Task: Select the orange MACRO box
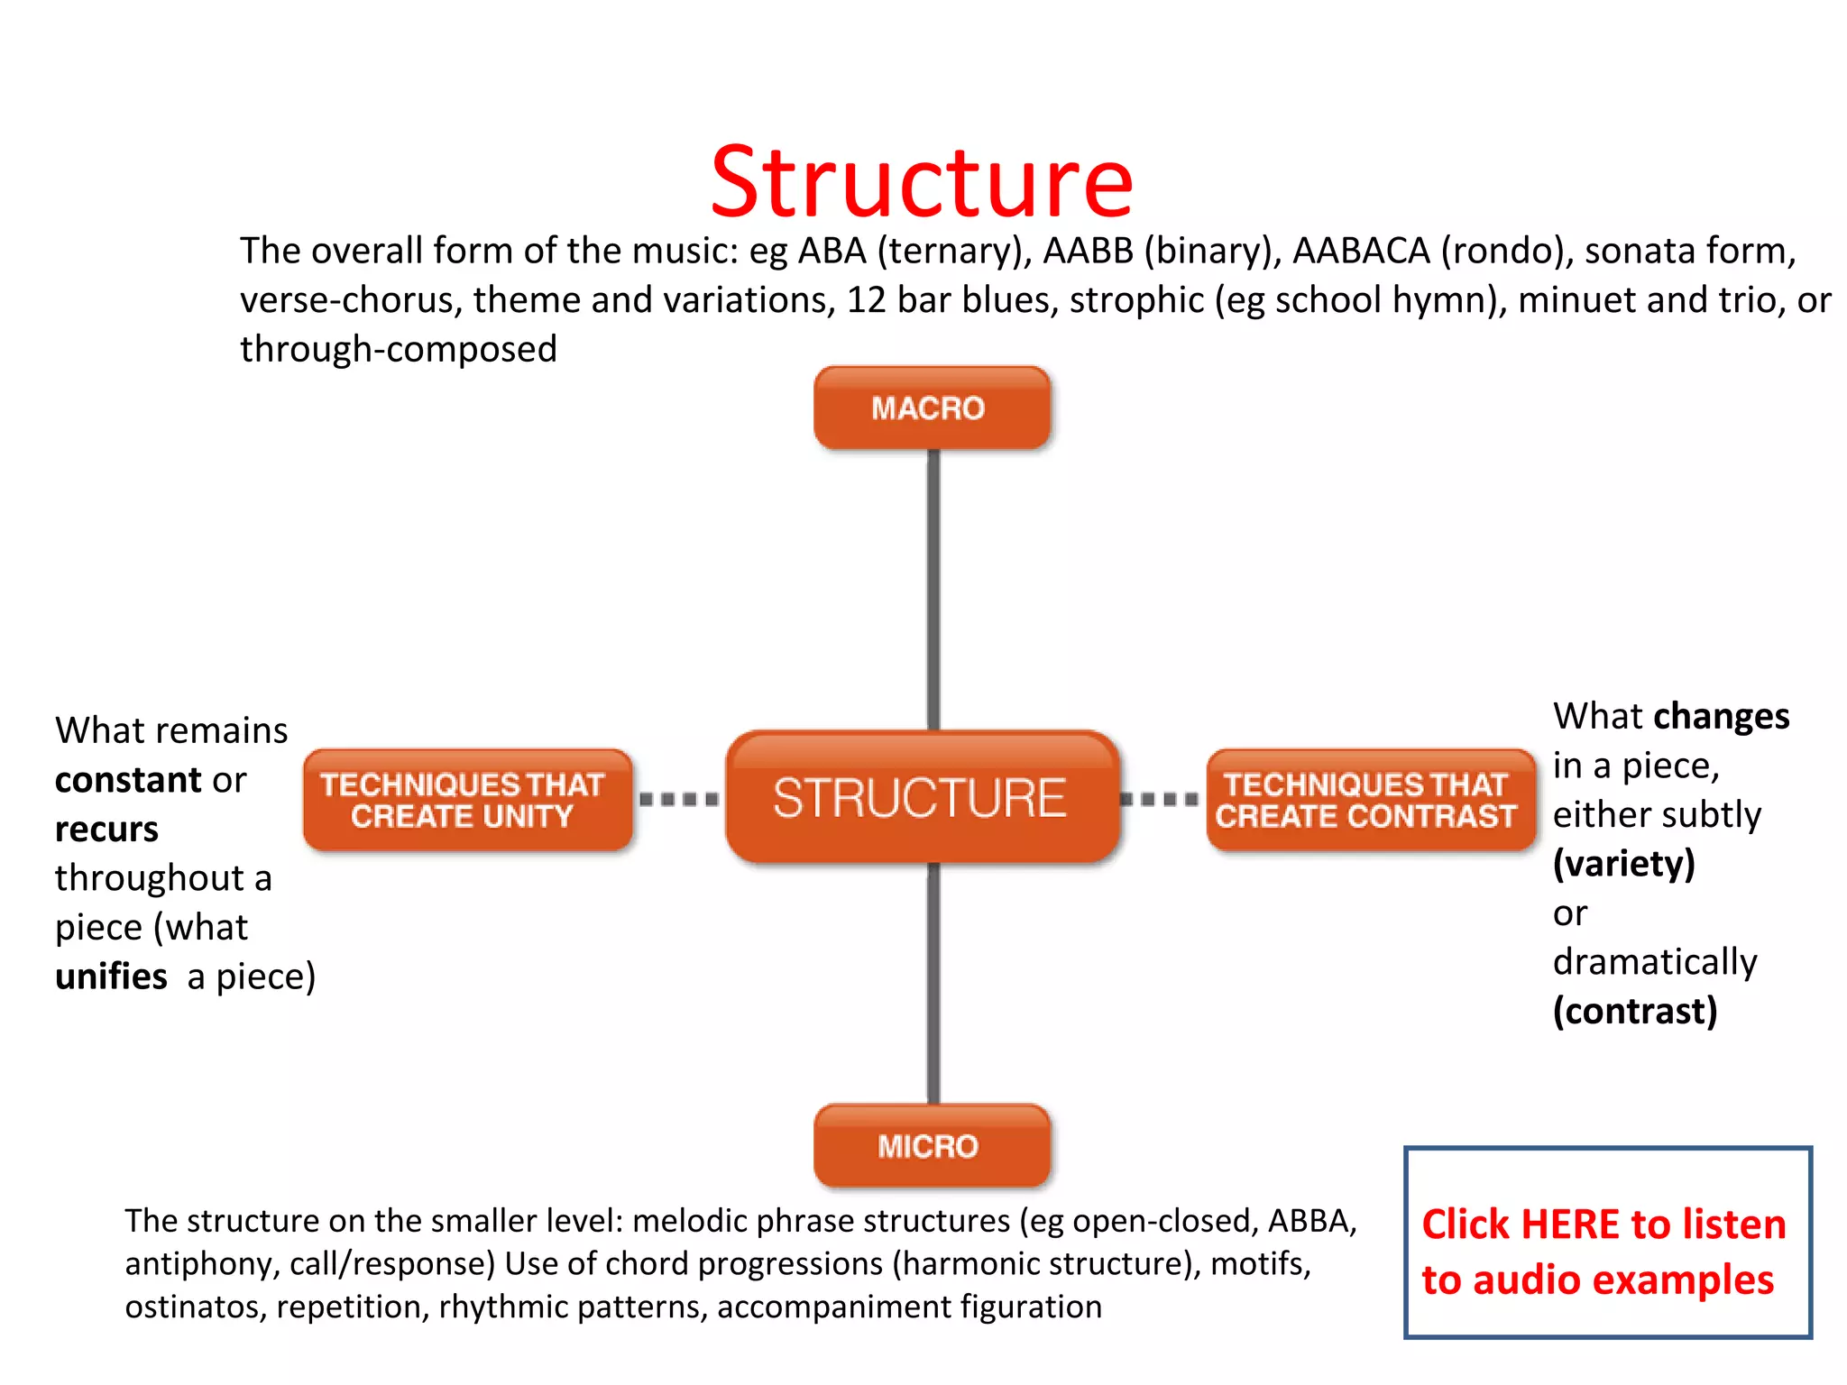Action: coord(932,408)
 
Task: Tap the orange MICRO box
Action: coord(932,1145)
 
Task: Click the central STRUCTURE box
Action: coord(922,797)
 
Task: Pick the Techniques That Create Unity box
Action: coord(466,800)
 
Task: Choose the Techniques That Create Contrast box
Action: coord(1370,800)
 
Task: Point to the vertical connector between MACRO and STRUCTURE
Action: coord(933,586)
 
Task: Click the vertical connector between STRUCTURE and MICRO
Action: coord(933,983)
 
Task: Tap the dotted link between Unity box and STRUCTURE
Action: coord(679,799)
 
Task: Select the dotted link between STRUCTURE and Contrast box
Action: coord(1161,799)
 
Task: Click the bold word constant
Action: coord(128,780)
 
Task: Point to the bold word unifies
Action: coord(111,977)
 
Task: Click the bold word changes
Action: coord(1721,717)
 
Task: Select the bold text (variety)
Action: coord(1623,864)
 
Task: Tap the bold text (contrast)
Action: coord(1634,1012)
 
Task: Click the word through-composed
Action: coord(398,350)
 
